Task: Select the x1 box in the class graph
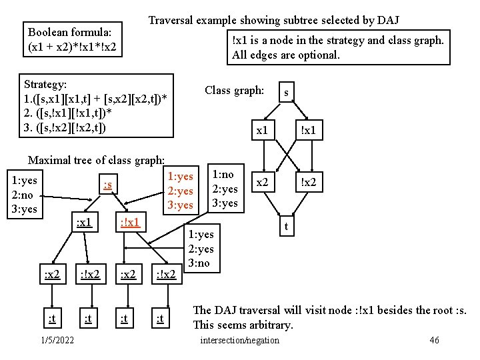263,131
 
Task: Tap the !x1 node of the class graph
308,131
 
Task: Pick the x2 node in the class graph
263,181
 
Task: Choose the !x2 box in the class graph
308,181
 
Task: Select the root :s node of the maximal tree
107,184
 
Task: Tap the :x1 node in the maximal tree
83,221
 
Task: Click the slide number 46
434,341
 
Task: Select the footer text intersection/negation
240,341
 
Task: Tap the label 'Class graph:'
234,90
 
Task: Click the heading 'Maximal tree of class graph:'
96,160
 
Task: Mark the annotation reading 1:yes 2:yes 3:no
201,249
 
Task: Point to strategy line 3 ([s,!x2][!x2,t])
65,127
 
